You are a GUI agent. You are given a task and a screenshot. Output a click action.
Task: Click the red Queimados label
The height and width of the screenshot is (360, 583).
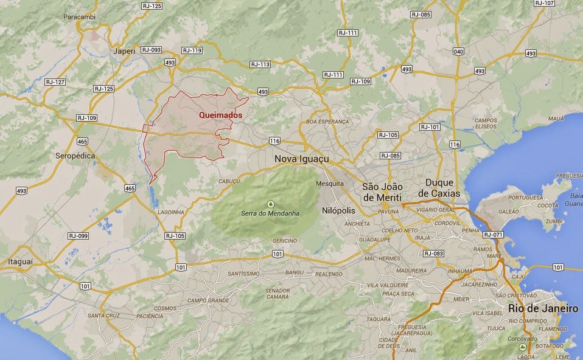[221, 115]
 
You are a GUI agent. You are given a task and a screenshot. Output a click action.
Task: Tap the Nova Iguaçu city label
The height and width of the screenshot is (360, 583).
[302, 159]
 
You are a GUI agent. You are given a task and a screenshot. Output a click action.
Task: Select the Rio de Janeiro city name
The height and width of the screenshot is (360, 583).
[543, 309]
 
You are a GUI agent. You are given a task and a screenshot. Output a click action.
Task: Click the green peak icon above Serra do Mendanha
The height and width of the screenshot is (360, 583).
[271, 204]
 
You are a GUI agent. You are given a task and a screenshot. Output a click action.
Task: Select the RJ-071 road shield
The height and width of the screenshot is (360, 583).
[493, 234]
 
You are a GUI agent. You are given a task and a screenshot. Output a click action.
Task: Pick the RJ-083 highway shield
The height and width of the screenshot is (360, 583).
[434, 254]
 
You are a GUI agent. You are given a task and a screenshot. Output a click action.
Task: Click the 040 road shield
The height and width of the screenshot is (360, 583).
[458, 51]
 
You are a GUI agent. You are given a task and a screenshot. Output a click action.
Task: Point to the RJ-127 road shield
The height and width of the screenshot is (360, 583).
[55, 81]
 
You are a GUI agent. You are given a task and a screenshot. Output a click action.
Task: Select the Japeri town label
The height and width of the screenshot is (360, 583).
[124, 52]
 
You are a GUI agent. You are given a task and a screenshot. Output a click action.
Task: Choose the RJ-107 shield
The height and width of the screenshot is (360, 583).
[545, 3]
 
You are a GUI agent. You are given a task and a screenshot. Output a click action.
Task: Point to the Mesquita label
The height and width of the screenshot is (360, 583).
[330, 183]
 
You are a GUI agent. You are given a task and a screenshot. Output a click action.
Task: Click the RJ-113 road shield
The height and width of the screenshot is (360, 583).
[260, 64]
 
